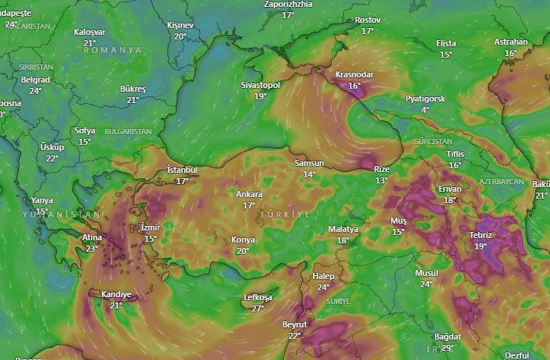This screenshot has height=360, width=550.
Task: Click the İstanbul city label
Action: pos(182,171)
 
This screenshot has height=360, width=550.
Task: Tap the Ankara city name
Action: pos(248,195)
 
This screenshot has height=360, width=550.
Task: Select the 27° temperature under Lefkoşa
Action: pos(258,308)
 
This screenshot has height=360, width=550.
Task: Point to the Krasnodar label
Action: pos(354,75)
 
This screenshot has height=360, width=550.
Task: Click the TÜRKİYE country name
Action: pos(285,215)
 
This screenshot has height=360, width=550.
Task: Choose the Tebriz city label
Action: pos(480,236)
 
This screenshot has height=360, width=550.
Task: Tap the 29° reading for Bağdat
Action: pos(448,348)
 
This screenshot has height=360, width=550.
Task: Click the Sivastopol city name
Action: pos(261,85)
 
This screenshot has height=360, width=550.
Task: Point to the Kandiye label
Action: pos(116,295)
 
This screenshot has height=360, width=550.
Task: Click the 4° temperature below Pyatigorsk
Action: pos(425,110)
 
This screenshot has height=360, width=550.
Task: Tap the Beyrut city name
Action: pos(295,325)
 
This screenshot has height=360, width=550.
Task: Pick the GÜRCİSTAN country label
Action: pos(433,142)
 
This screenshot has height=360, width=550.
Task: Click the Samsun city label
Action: pos(309,164)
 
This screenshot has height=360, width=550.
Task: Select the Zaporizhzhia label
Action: pos(288,5)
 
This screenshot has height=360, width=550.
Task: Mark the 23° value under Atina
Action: pos(92,249)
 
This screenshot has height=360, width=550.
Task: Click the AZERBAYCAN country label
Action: pos(502,183)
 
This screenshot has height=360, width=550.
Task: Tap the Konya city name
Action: pos(243,240)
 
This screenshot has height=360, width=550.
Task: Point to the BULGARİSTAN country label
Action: pos(128,132)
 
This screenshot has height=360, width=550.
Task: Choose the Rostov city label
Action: pos(367,20)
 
